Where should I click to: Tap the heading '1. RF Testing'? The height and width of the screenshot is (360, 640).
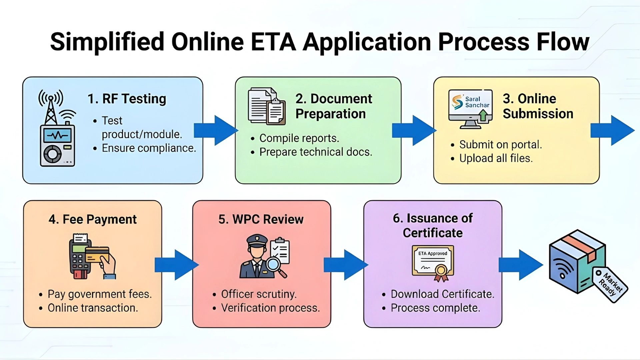[127, 99]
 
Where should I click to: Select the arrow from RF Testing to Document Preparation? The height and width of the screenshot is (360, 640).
[215, 130]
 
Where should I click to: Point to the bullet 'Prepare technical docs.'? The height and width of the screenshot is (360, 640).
[315, 152]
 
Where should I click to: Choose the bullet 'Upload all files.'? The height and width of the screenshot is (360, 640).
[496, 158]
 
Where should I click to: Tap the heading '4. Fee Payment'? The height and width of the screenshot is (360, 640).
[92, 219]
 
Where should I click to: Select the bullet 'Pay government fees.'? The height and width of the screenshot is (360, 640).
[99, 294]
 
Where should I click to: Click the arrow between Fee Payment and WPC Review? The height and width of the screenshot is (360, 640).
[177, 265]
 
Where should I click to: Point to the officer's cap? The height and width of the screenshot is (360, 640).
[257, 240]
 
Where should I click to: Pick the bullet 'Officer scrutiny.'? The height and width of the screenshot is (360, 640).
[258, 294]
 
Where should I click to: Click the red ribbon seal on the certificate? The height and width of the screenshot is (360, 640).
[441, 272]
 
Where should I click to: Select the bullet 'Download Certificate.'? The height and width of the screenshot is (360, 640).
[442, 294]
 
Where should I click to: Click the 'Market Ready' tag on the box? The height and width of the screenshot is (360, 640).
[610, 284]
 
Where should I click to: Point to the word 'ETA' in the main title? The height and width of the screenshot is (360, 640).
[273, 42]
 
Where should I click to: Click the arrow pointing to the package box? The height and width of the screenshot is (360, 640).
[521, 265]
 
